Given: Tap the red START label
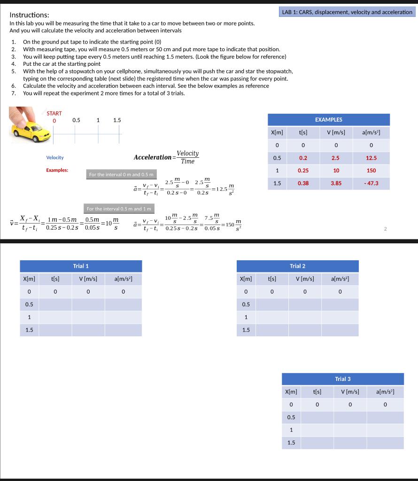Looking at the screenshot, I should click(x=54, y=113).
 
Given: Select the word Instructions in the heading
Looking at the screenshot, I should click(x=29, y=15).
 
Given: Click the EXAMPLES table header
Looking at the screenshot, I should click(x=328, y=120).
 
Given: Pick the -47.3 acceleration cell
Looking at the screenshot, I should click(x=371, y=183).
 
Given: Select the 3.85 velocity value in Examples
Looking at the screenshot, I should click(x=336, y=183).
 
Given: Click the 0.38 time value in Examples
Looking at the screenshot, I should click(x=303, y=183).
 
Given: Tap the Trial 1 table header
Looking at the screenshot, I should click(x=81, y=266).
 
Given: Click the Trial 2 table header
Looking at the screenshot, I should click(x=297, y=266).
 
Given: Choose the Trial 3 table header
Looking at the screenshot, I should click(x=342, y=379).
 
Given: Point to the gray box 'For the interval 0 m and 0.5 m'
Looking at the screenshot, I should click(x=121, y=175).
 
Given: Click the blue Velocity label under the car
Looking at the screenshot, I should click(x=55, y=157).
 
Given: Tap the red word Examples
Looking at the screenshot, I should click(x=57, y=170).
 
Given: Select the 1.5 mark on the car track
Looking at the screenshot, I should click(x=117, y=120).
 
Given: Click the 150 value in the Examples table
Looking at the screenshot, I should click(x=371, y=171).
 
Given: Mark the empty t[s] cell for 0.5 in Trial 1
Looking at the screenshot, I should click(x=55, y=304).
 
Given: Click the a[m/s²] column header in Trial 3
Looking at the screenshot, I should click(x=385, y=392).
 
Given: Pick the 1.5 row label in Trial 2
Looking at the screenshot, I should click(x=246, y=330).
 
